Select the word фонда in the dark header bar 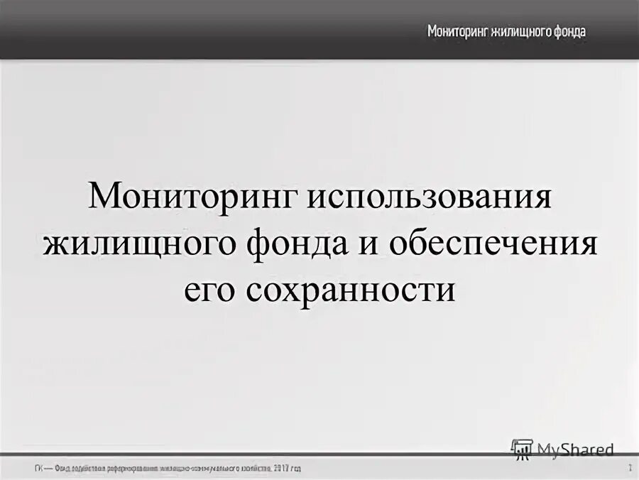tap(572, 32)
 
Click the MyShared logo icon tap(522, 449)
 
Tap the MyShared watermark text tap(576, 449)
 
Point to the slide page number tap(629, 468)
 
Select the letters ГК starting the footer tap(37, 469)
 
